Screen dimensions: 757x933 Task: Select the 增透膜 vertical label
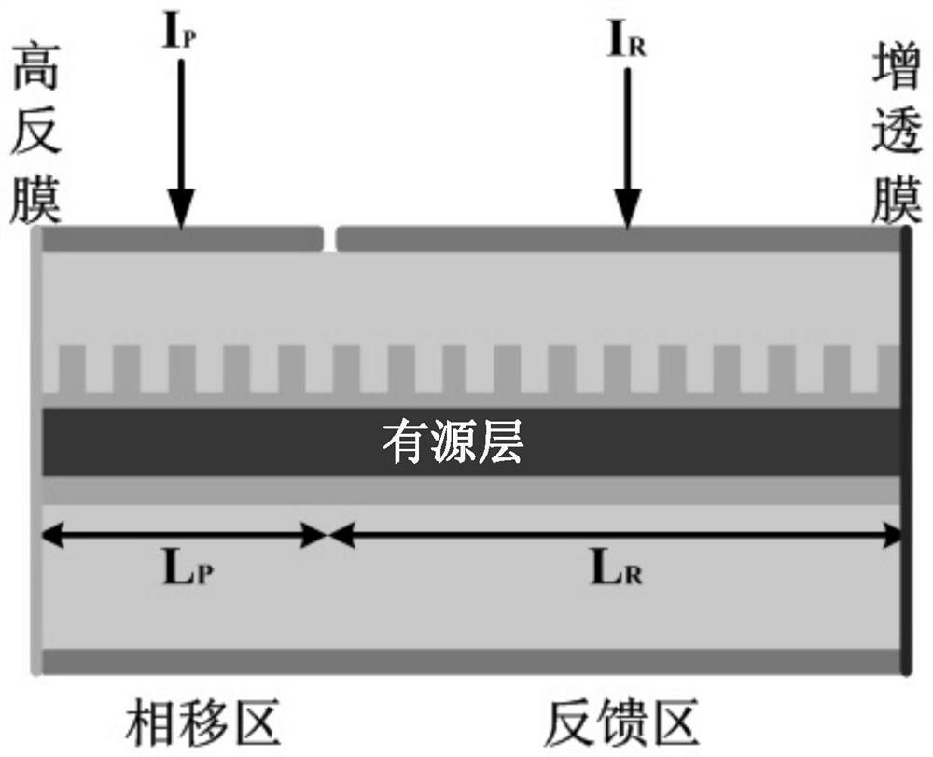(x=897, y=140)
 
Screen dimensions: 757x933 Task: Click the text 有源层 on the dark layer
(x=452, y=442)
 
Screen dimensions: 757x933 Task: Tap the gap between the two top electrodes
(x=329, y=240)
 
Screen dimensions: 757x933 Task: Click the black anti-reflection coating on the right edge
(x=906, y=448)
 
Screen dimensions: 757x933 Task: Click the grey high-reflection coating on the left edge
(x=37, y=448)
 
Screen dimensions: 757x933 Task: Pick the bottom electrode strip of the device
(x=471, y=661)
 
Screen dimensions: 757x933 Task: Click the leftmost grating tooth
(x=70, y=369)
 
